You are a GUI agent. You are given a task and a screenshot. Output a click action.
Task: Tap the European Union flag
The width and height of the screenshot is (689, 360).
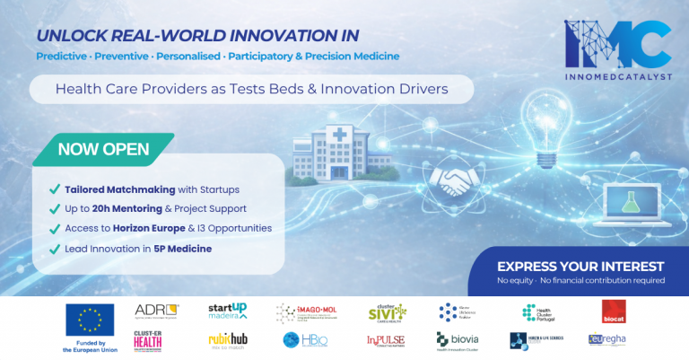click(90, 320)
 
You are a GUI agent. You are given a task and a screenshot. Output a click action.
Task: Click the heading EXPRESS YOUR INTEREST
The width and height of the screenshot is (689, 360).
click(580, 267)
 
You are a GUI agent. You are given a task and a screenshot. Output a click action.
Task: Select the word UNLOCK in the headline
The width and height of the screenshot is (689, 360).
click(69, 35)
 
